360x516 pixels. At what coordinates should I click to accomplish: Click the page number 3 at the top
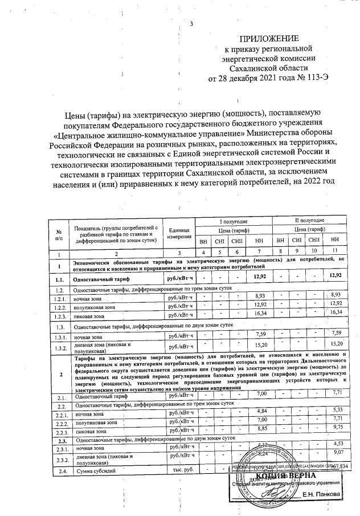191,23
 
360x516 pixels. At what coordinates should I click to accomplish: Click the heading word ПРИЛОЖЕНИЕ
268,39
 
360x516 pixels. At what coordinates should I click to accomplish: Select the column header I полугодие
234,220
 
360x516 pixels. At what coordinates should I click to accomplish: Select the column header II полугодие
309,220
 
